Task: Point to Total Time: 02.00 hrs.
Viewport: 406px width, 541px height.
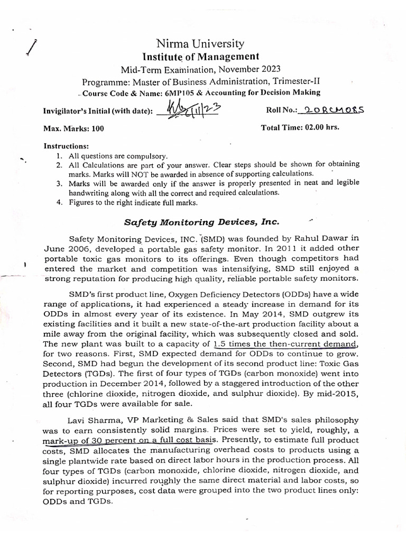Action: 300,127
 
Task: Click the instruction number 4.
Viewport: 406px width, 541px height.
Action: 59,202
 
